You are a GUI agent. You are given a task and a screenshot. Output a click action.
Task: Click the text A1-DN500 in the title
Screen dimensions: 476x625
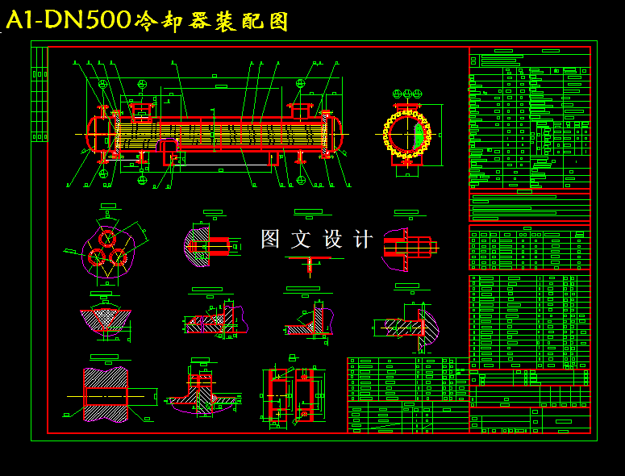(x=69, y=20)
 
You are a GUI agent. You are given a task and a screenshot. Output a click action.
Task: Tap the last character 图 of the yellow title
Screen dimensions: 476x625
(x=277, y=22)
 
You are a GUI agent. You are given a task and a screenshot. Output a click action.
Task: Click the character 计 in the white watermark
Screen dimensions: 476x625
(x=364, y=239)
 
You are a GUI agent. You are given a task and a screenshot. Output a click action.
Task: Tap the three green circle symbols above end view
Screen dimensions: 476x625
(x=406, y=95)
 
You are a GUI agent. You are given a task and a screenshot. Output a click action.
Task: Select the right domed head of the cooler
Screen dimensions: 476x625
(x=332, y=134)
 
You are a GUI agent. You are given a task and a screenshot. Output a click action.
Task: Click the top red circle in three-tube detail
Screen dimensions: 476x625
(x=106, y=239)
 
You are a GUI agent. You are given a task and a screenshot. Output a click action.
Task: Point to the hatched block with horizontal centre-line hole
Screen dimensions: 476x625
(x=106, y=395)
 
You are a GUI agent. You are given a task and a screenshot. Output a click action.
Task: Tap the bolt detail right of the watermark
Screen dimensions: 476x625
(x=408, y=245)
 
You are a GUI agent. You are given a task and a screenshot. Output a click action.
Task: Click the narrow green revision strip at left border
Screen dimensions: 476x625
(x=39, y=94)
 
